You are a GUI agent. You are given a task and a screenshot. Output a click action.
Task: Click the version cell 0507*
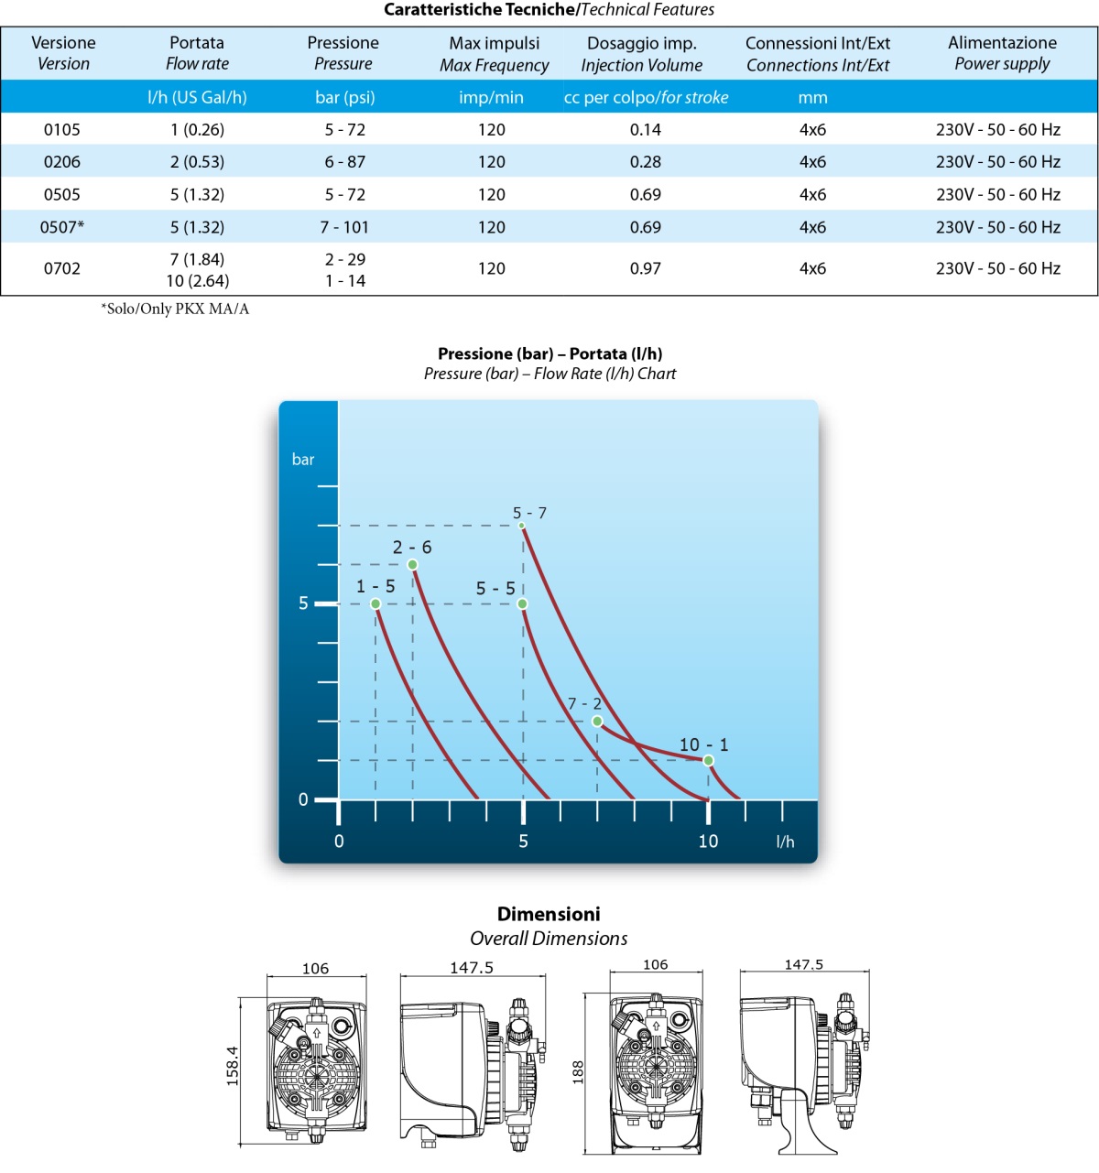[61, 227]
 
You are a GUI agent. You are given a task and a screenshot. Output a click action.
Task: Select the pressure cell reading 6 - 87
[344, 162]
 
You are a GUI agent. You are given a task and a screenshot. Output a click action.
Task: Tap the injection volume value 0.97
[645, 268]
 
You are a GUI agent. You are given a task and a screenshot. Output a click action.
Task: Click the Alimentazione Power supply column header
[1002, 53]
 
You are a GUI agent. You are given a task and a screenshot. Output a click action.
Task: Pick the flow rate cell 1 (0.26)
[197, 130]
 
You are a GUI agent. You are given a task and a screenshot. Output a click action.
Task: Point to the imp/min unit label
[491, 97]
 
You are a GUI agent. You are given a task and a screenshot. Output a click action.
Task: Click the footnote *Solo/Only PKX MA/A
[175, 309]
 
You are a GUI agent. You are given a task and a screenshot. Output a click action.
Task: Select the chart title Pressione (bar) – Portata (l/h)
[549, 353]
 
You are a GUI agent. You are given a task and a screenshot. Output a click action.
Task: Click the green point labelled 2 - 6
[412, 564]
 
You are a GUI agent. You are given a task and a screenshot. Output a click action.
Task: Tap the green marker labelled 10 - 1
[708, 760]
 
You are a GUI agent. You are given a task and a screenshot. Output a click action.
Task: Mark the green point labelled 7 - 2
[597, 722]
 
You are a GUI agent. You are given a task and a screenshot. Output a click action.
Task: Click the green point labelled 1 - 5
[375, 603]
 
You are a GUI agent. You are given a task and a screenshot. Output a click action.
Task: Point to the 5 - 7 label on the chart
[529, 513]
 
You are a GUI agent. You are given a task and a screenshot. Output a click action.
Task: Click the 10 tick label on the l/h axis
[708, 841]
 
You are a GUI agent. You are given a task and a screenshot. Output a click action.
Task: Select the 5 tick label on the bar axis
[303, 603]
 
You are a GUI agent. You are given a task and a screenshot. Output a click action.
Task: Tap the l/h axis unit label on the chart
[785, 842]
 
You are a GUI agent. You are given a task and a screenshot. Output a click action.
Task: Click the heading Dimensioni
[549, 914]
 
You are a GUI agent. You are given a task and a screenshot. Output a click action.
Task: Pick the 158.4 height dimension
[232, 1066]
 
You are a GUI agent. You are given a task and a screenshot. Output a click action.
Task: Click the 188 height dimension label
[578, 1072]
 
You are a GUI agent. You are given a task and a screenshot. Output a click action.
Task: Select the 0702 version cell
[61, 268]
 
